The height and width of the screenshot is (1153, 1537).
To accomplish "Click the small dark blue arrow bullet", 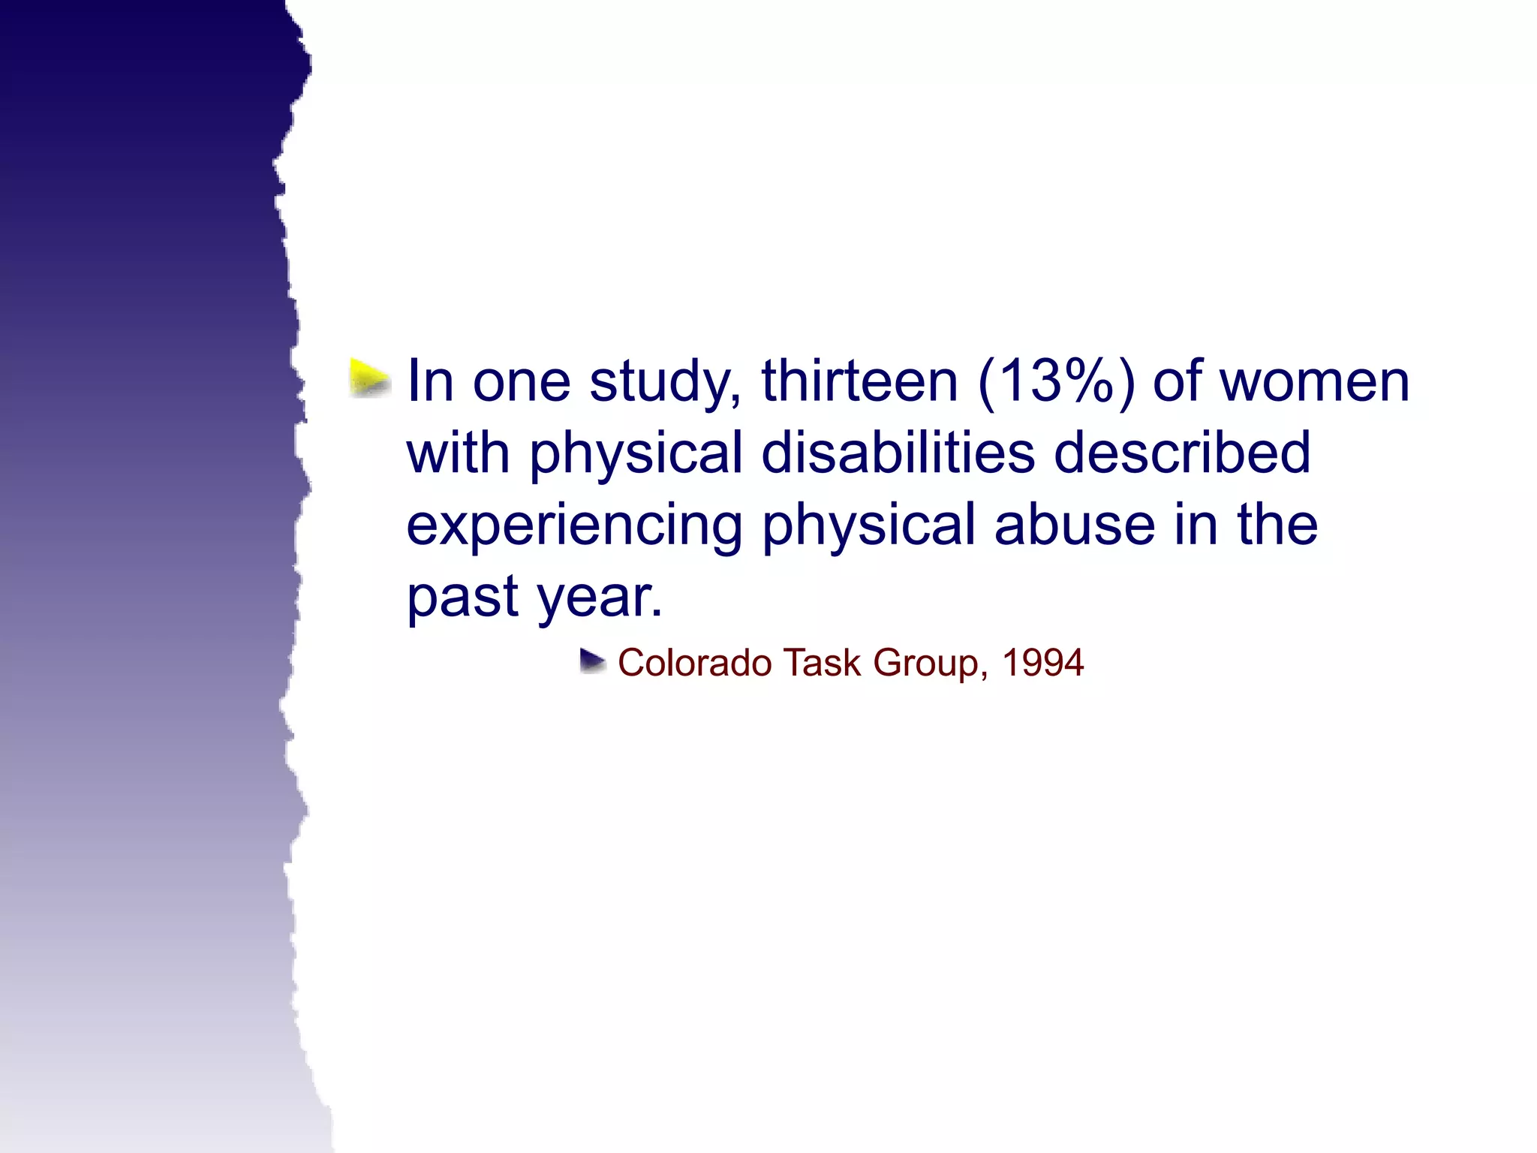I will (593, 662).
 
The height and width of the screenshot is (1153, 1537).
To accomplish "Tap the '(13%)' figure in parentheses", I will (1056, 381).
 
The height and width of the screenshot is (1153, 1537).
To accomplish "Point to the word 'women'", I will (1315, 381).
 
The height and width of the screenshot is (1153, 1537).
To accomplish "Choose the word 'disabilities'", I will (898, 453).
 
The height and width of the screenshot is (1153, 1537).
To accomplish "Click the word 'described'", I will (1182, 453).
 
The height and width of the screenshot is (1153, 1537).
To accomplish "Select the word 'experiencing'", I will (574, 525).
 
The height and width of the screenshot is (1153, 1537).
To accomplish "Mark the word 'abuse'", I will (1075, 525).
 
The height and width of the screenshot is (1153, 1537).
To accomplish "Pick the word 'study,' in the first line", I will (666, 381).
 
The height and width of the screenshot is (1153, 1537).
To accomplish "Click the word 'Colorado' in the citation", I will (694, 663).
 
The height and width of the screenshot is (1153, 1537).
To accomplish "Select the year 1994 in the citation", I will (1042, 663).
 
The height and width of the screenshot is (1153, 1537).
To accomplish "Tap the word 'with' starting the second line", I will (458, 453).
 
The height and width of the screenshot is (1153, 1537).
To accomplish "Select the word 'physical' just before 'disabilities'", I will (636, 453).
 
